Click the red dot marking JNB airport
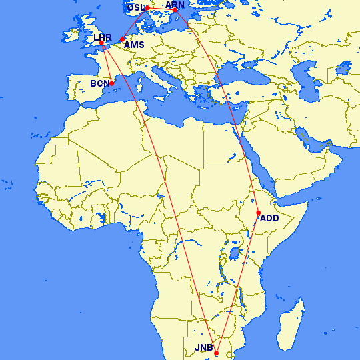[x=217, y=353]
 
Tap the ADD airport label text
[x=269, y=218]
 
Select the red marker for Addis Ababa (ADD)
[x=258, y=213]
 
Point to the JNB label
[x=203, y=348]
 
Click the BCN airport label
[x=99, y=84]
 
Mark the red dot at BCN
[x=112, y=83]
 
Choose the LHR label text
[x=103, y=37]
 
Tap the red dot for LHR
[x=101, y=44]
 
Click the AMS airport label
[x=134, y=45]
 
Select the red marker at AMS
[x=122, y=40]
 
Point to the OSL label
[x=135, y=7]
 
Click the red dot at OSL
[x=147, y=9]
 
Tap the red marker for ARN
[x=175, y=10]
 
